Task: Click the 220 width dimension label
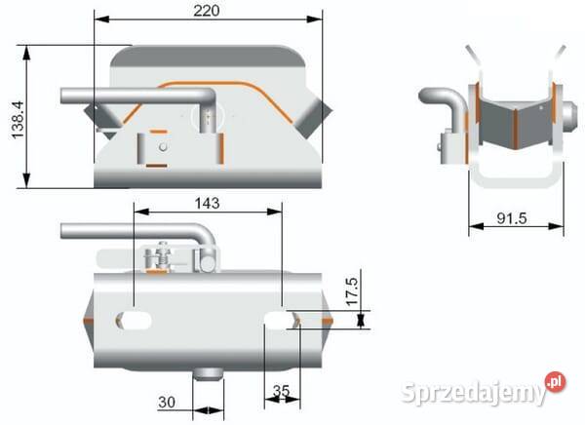[x=206, y=10]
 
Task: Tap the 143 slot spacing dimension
[x=206, y=203]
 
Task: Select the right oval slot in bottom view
[x=281, y=319]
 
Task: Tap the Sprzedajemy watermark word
[x=472, y=393]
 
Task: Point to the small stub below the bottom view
[x=208, y=374]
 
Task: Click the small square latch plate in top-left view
[x=156, y=149]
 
